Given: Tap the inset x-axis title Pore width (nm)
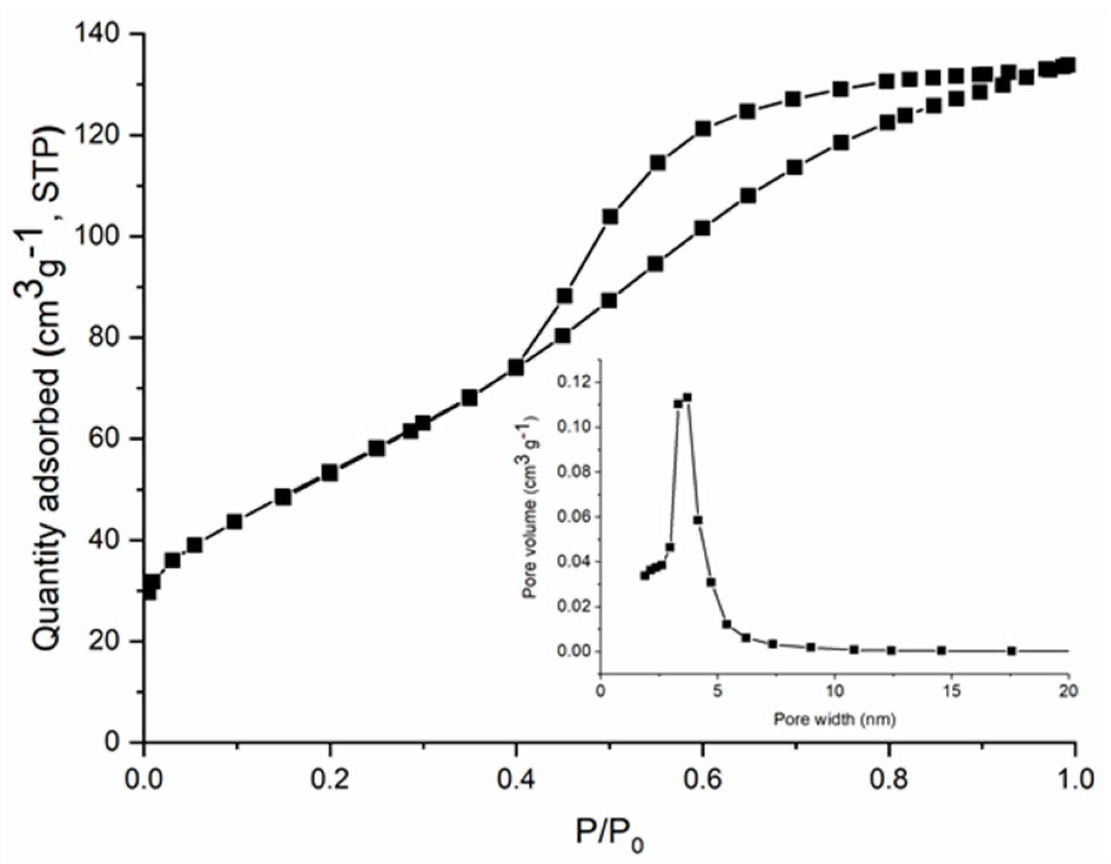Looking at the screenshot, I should pos(834,719).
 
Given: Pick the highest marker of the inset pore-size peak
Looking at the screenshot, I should pos(687,397).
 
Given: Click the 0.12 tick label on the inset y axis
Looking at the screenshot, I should pos(569,383).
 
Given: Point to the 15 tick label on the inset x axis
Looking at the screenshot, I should pos(952,691).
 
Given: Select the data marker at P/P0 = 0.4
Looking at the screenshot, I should pos(516,367).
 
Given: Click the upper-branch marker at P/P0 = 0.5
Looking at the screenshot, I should pos(610,217).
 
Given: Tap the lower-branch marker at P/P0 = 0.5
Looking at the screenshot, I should pos(609,301).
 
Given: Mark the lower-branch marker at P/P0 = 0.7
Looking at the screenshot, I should pos(794,168).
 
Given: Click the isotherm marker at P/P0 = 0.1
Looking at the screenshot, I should pos(234,521).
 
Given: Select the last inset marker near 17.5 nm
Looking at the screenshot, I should pos(1011,651).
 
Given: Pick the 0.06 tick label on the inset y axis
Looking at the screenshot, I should pos(569,517).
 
